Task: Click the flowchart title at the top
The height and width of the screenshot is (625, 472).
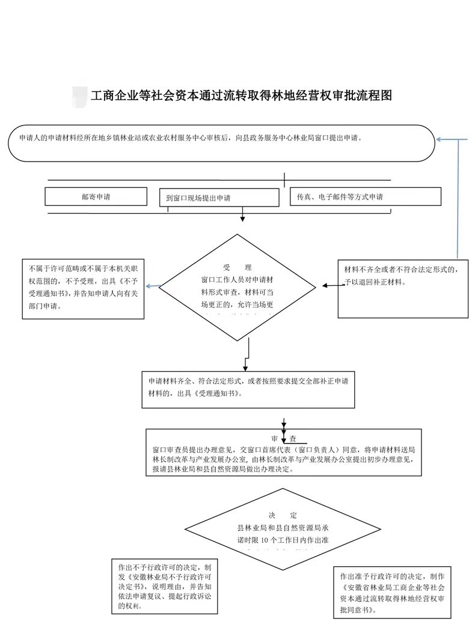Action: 241,95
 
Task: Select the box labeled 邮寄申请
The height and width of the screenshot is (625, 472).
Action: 96,196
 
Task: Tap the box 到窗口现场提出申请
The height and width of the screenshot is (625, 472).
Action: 219,198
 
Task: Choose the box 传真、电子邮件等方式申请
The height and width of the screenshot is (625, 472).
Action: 365,196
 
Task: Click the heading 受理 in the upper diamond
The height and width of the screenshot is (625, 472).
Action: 237,267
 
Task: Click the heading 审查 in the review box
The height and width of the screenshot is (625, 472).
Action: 284,438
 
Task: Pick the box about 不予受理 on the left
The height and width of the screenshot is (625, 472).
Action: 82,288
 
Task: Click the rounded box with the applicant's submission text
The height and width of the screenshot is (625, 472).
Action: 221,143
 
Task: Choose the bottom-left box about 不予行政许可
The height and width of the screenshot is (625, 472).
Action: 165,586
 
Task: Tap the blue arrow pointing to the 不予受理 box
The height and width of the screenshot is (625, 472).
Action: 150,286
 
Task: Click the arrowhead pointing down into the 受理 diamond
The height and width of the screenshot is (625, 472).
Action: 242,219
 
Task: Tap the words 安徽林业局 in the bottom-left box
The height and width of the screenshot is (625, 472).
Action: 144,576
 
